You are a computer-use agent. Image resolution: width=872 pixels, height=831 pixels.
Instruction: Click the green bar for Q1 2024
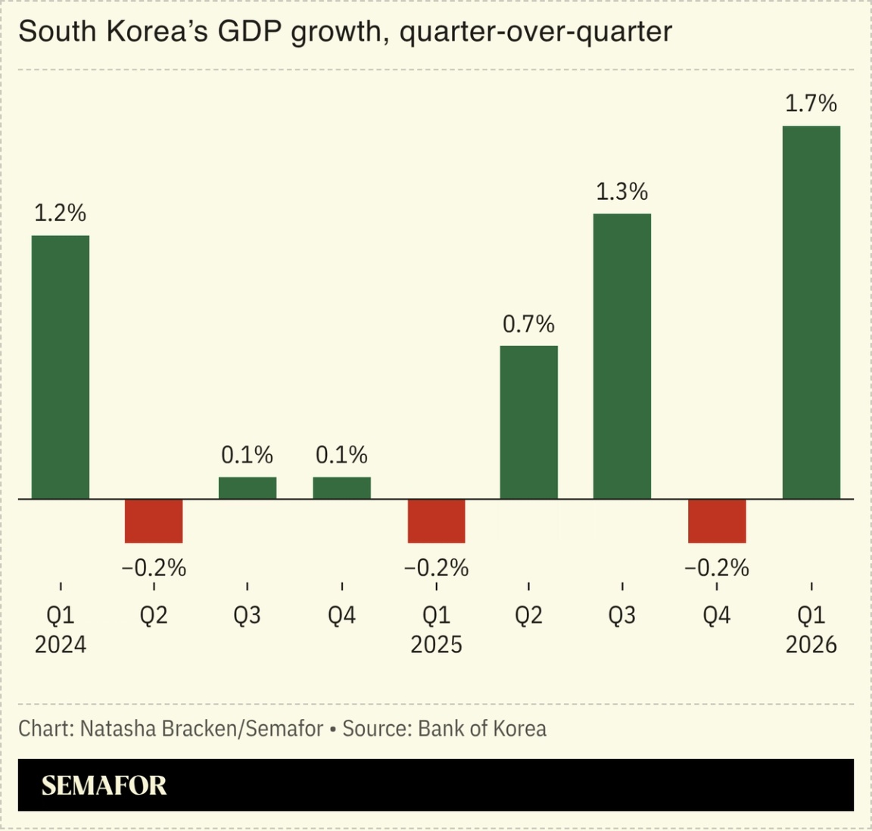coord(61,367)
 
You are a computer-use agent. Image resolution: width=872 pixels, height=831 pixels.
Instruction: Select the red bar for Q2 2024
coord(154,521)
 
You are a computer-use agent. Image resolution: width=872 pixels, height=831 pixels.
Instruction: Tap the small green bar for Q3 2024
coord(248,488)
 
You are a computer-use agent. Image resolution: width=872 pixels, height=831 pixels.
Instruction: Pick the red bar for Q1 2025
coord(436,521)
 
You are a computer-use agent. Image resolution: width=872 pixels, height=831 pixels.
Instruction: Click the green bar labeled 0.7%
coord(529,422)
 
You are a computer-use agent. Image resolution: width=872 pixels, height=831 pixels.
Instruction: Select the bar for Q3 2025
coord(622,356)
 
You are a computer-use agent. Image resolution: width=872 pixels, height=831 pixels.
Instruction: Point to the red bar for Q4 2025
coord(717,521)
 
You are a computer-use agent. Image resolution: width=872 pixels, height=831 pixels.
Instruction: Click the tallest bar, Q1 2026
coord(811,312)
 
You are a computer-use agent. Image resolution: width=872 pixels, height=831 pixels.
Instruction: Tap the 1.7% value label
coord(811,104)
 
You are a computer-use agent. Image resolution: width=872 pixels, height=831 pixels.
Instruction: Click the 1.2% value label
coord(61,213)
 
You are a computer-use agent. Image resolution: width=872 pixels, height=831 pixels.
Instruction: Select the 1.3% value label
coord(622,192)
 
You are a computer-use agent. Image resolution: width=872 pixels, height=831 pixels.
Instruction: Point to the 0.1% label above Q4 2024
coord(341,455)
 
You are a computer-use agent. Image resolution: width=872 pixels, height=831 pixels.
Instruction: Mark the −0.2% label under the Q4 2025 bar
coord(717,568)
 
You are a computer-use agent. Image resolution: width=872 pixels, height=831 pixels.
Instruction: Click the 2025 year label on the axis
coord(436,645)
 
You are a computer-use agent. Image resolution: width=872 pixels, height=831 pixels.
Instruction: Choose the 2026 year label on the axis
coord(811,645)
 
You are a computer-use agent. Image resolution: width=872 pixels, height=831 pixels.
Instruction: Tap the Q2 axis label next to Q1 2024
coord(154,615)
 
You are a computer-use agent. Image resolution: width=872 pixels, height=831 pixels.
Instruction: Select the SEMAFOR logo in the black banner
coord(104,786)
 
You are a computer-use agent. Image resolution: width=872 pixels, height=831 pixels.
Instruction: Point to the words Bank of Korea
coord(482,729)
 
